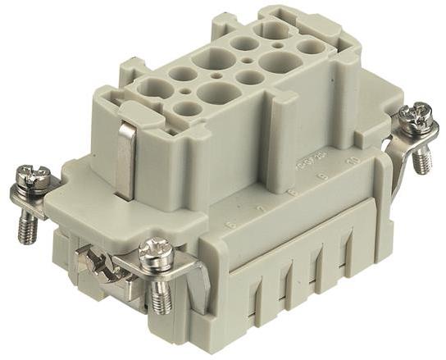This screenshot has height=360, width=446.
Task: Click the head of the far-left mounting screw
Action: pyautogui.click(x=32, y=175)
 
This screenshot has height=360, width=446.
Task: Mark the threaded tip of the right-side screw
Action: pyautogui.click(x=422, y=161)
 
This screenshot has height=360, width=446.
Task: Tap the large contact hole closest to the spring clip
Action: pyautogui.click(x=152, y=88)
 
